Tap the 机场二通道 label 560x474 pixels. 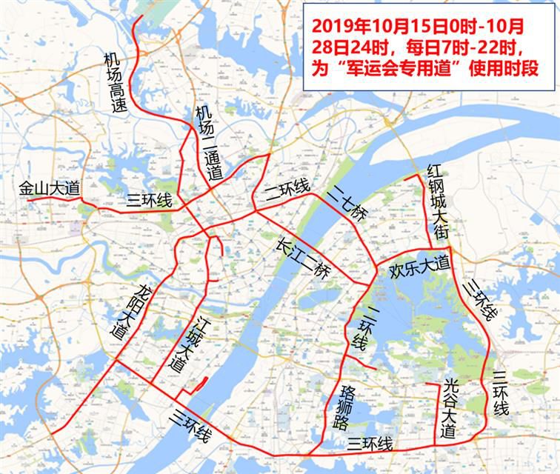point(208,144)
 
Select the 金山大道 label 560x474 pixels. point(49,189)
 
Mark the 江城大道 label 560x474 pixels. point(186,345)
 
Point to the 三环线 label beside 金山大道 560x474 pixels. point(149,200)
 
